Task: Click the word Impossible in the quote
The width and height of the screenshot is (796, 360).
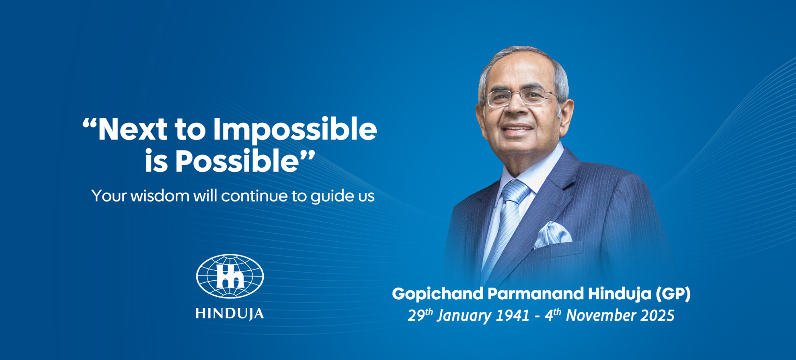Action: (x=295, y=130)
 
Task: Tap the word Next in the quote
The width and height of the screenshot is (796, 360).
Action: (x=133, y=129)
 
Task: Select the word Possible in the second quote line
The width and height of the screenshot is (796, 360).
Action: (x=237, y=161)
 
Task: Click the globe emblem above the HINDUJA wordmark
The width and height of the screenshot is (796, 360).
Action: (x=230, y=276)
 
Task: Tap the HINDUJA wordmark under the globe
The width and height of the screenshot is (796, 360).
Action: (x=230, y=313)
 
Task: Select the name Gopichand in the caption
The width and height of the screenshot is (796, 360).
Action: (x=438, y=294)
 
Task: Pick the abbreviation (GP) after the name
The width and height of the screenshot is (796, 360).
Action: (x=673, y=294)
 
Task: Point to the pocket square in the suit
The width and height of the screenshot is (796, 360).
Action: (x=553, y=235)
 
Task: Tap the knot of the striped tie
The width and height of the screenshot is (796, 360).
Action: (x=516, y=192)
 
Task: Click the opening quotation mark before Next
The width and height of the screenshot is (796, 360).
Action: (x=90, y=123)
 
